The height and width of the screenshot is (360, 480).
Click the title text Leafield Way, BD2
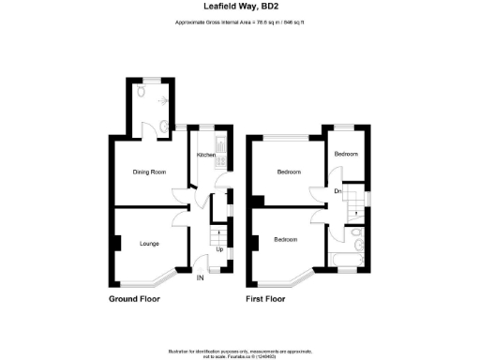click(x=239, y=6)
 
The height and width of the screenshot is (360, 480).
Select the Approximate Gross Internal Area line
click(x=239, y=22)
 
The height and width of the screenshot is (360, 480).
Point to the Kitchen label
click(x=205, y=156)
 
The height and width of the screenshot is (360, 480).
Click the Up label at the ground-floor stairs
click(x=220, y=249)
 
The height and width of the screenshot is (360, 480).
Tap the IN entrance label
click(x=200, y=277)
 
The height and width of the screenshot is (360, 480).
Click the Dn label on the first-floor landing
click(x=337, y=192)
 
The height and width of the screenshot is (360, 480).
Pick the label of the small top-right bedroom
click(x=347, y=153)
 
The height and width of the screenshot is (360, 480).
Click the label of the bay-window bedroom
click(x=286, y=240)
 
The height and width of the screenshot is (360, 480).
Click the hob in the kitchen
click(x=219, y=145)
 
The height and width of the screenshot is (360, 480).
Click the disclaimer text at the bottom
click(x=239, y=347)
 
